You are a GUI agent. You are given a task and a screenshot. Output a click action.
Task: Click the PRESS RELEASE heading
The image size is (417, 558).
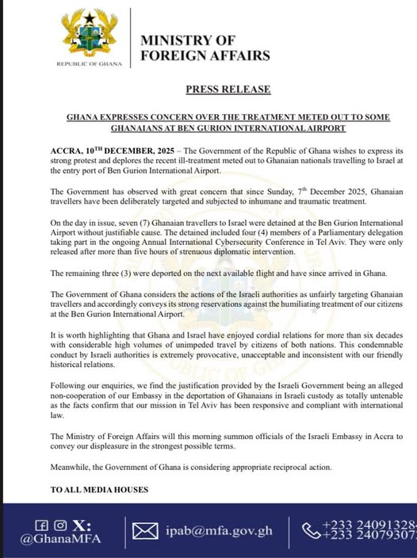(x=229, y=90)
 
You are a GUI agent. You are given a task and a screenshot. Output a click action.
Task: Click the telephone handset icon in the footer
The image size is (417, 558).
(x=306, y=530)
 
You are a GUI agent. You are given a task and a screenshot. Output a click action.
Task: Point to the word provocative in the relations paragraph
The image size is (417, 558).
(x=217, y=354)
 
